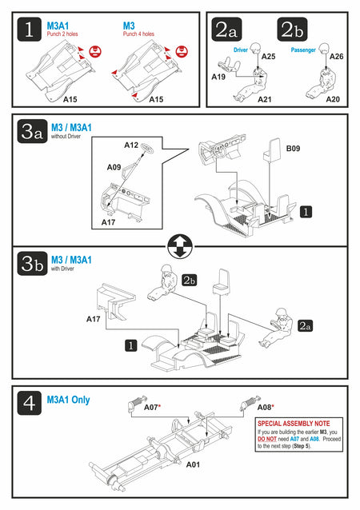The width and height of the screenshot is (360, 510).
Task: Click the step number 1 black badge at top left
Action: click(x=30, y=30)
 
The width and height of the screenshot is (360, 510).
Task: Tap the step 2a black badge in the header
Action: click(x=226, y=30)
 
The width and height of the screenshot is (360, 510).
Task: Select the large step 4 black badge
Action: click(x=30, y=403)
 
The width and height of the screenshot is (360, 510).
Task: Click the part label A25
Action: click(x=268, y=56)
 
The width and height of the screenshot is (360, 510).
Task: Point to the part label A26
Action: click(x=336, y=56)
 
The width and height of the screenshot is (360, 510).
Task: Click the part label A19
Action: click(x=218, y=77)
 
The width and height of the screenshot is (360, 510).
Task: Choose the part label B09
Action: click(x=293, y=149)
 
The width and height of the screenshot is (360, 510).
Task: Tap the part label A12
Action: click(x=131, y=145)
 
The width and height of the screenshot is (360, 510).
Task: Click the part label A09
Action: click(x=114, y=167)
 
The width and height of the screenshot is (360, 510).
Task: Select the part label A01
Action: click(x=193, y=464)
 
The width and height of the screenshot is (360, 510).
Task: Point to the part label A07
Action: click(x=151, y=407)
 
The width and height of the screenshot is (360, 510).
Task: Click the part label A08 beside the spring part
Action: click(x=264, y=407)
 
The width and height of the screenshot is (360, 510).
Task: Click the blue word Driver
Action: click(x=241, y=50)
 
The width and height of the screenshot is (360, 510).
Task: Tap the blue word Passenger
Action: click(x=303, y=50)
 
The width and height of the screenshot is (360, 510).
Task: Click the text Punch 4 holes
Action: click(x=138, y=34)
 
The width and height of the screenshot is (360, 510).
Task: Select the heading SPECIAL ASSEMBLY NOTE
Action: click(x=294, y=424)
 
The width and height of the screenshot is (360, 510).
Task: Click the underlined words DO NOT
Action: click(x=267, y=439)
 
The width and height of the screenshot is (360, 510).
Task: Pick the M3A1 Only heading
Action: click(x=68, y=400)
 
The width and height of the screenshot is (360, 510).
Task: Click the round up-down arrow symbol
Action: click(x=180, y=246)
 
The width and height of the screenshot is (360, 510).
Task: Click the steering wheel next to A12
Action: click(x=147, y=149)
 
